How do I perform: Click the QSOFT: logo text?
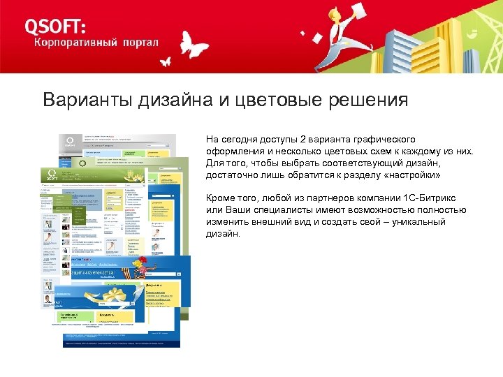point(56,26)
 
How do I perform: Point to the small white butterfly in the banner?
point(165,61)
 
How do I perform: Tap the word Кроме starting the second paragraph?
point(220,198)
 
